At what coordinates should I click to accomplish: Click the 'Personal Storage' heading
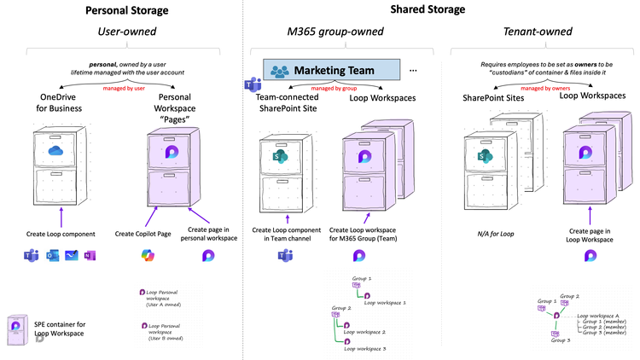coord(126,11)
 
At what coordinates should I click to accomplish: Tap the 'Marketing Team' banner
coord(332,70)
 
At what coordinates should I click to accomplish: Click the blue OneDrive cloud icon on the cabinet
coord(56,151)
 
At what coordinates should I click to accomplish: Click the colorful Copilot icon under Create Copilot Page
coord(149,255)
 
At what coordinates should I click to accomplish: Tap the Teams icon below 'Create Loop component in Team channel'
coord(277,256)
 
